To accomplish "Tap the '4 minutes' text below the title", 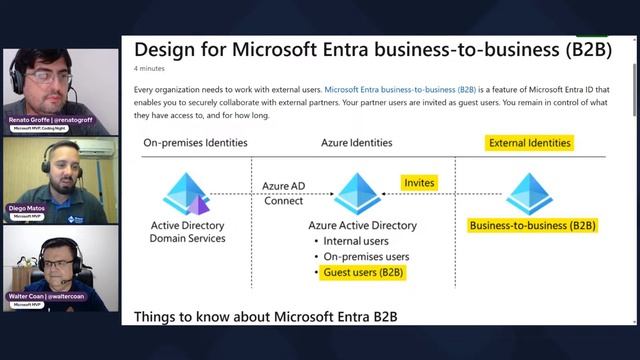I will tap(149, 69).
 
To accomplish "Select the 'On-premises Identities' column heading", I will tap(194, 143).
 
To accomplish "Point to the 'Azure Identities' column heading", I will tap(356, 143).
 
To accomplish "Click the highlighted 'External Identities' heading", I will tap(529, 143).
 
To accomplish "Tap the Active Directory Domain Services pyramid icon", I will tap(187, 194).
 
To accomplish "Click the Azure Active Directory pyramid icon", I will tap(357, 194).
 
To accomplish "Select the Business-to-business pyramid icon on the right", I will tap(529, 194).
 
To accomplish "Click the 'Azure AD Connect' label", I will tap(283, 193).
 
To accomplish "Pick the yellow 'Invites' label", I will tap(419, 183).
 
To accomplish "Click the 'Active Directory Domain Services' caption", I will tap(187, 232).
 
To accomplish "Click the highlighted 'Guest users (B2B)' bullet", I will tap(364, 272).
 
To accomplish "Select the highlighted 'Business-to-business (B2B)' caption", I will tap(532, 226).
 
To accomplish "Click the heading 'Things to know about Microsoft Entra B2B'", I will tap(266, 317).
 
